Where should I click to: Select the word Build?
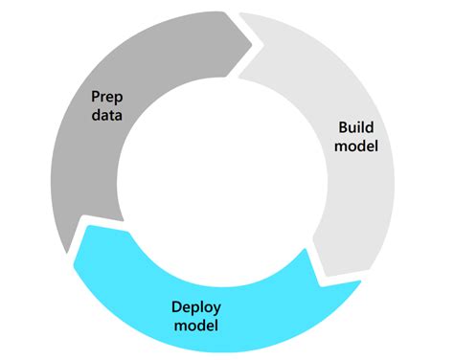pyautogui.click(x=358, y=126)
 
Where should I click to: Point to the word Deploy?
pyautogui.click(x=196, y=306)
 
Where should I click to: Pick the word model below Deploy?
pyautogui.click(x=196, y=326)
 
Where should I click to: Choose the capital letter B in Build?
pyautogui.click(x=343, y=126)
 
